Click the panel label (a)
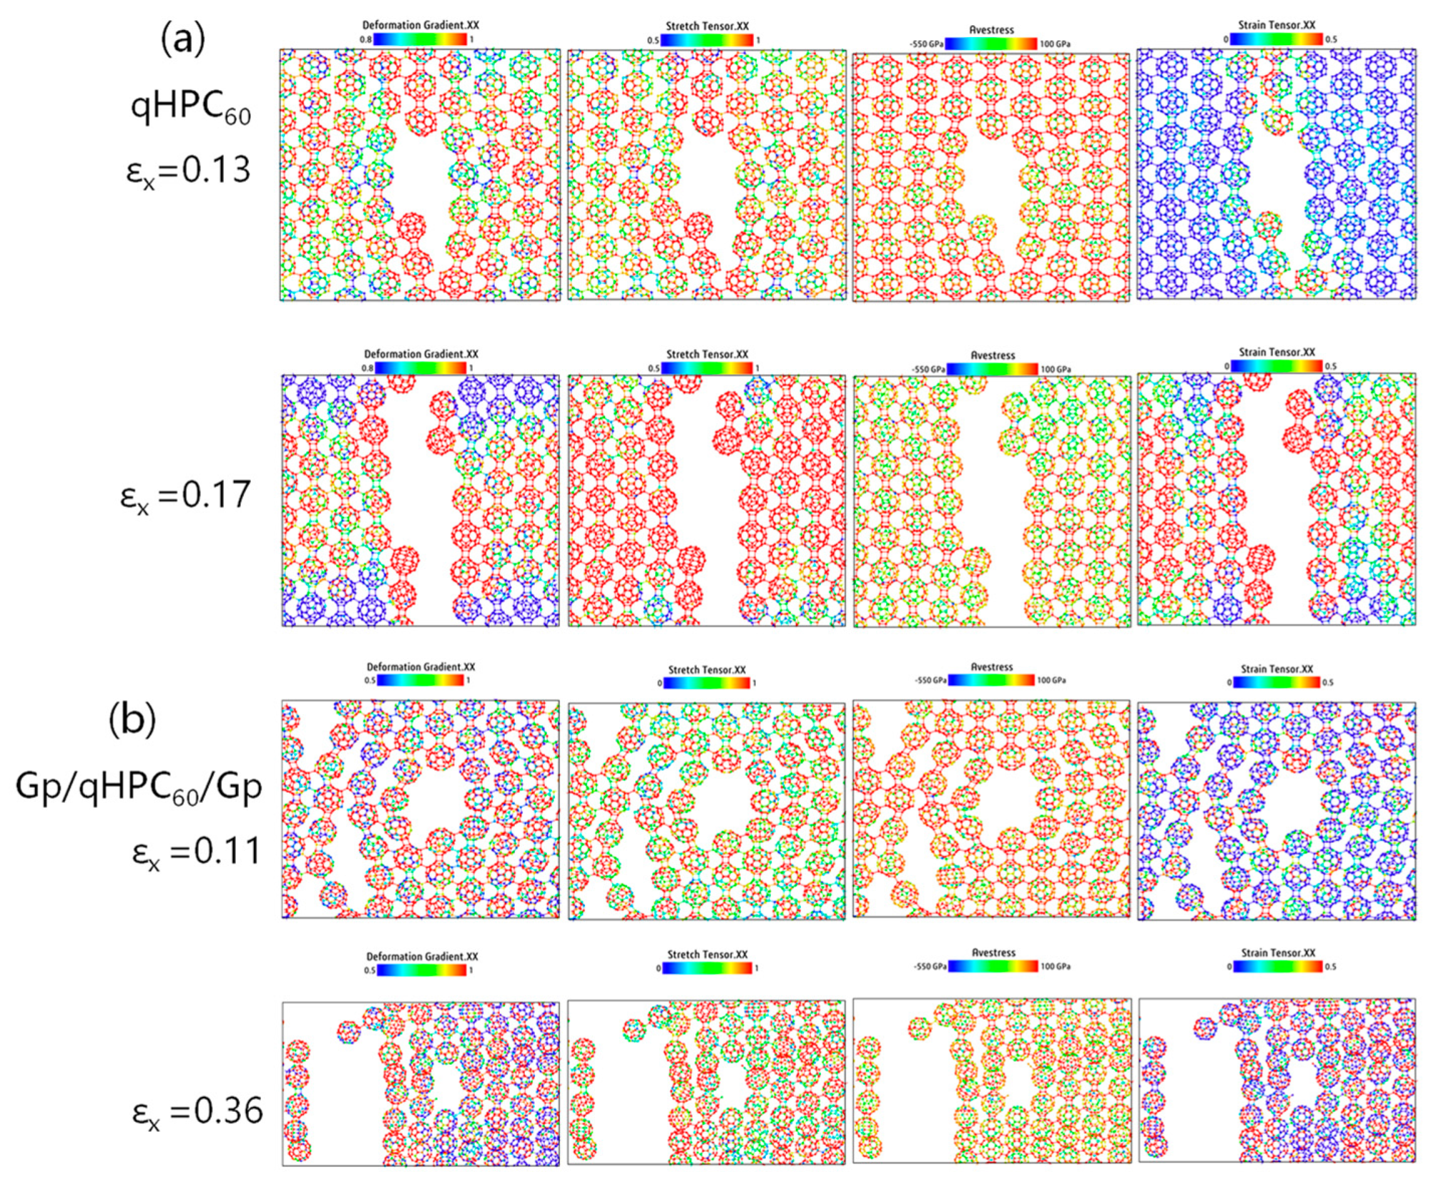182,41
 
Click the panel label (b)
132,719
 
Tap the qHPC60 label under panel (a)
191,109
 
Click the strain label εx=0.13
189,170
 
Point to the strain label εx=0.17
185,496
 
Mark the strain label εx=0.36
197,1112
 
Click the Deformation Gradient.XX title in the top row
420,25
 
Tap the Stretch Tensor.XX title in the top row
707,26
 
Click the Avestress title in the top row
991,30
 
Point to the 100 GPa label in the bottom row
1055,966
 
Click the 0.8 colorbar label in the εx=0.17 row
367,369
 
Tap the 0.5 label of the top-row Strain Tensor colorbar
1330,39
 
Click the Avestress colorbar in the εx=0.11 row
991,679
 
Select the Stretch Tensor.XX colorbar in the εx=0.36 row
708,968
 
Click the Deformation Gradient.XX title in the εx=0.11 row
421,667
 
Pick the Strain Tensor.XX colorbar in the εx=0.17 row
1276,365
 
